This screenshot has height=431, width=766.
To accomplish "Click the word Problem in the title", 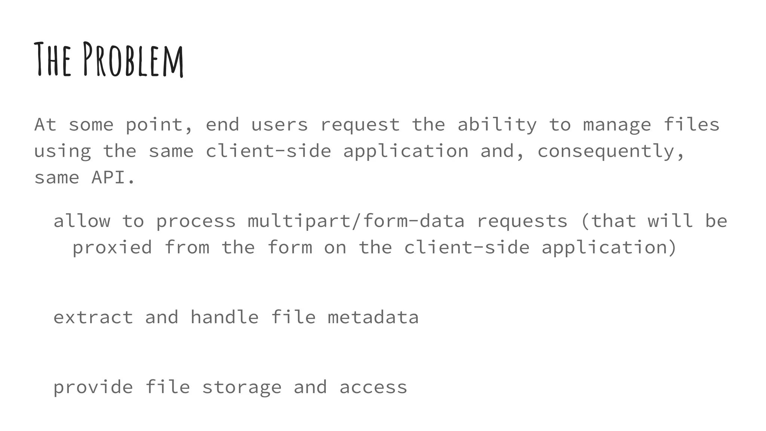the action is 133,60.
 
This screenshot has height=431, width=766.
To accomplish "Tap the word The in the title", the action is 53,60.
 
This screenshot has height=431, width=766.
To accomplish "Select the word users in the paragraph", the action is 279,125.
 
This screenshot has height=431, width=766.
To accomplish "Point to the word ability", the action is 497,125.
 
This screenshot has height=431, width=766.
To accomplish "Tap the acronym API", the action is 108,177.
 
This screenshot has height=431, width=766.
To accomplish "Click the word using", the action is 62,152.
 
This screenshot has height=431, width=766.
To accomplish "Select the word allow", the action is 82,221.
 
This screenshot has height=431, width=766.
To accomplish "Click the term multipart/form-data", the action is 356,221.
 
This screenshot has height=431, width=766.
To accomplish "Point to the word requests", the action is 522,221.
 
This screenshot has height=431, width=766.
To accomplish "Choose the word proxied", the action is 112,247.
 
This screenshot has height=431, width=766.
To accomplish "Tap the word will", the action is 670,221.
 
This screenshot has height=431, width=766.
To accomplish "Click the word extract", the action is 93,317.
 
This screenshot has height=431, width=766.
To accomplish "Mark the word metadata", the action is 373,317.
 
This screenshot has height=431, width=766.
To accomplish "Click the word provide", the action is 93,387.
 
